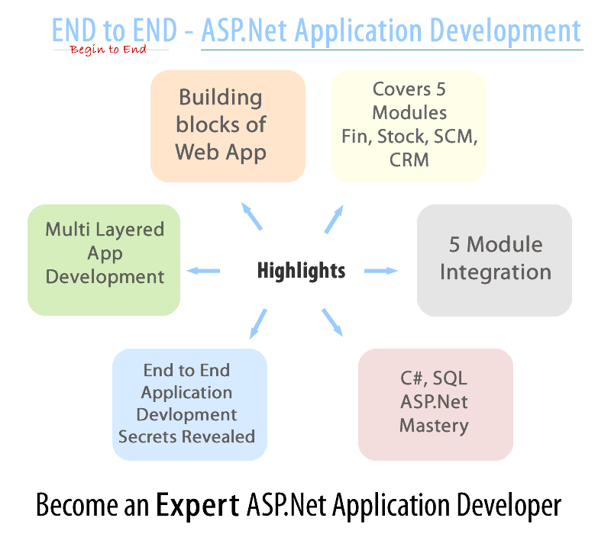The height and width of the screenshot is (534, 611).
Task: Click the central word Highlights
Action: [x=301, y=270]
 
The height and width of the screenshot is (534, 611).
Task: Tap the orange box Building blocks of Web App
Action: [x=228, y=126]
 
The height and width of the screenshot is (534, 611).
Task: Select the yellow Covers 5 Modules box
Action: [x=409, y=126]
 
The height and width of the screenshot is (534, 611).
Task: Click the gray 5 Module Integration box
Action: [x=494, y=259]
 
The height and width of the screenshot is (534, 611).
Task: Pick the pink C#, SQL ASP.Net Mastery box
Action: [x=435, y=404]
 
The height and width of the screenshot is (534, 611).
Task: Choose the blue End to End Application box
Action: [x=189, y=404]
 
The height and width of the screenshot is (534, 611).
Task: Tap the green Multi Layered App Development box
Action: [x=104, y=259]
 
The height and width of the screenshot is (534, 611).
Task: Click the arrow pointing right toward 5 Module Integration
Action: [x=381, y=270]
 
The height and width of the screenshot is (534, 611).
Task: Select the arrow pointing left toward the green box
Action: [x=204, y=270]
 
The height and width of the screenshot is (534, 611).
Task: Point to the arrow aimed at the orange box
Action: [x=252, y=216]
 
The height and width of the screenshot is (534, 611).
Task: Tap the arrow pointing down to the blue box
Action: [x=259, y=323]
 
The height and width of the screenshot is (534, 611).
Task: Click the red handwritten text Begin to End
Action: [x=108, y=50]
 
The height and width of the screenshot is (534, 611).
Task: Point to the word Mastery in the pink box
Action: [x=434, y=425]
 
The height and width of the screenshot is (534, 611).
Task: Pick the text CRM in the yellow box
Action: [x=409, y=159]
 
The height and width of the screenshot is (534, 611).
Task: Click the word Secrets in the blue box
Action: [x=148, y=436]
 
